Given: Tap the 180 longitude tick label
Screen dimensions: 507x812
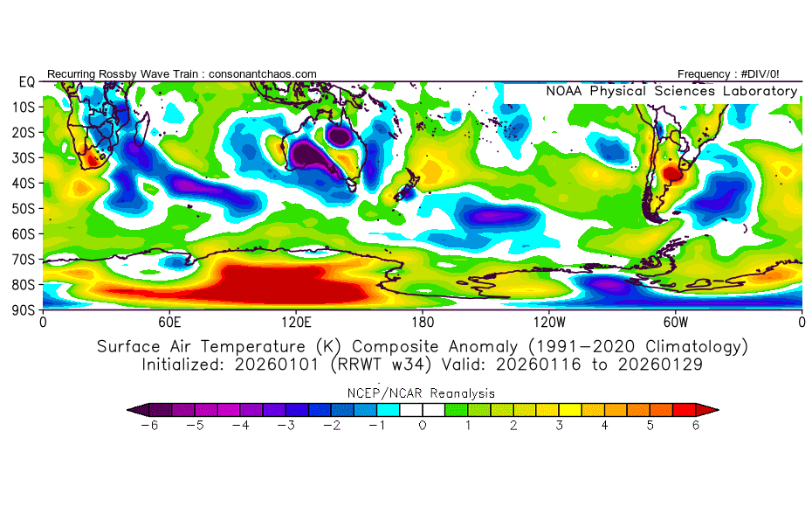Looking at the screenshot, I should [x=423, y=321].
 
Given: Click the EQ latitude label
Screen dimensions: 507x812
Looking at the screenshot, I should [x=26, y=82].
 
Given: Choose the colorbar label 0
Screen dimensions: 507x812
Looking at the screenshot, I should [x=423, y=426].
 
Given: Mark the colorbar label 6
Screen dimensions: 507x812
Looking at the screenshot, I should [x=697, y=426].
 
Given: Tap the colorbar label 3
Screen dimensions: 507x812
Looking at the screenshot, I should [x=560, y=426].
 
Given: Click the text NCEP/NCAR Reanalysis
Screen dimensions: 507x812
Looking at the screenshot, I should [x=423, y=393].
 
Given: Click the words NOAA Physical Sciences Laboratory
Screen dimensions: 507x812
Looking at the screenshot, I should [x=671, y=91].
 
